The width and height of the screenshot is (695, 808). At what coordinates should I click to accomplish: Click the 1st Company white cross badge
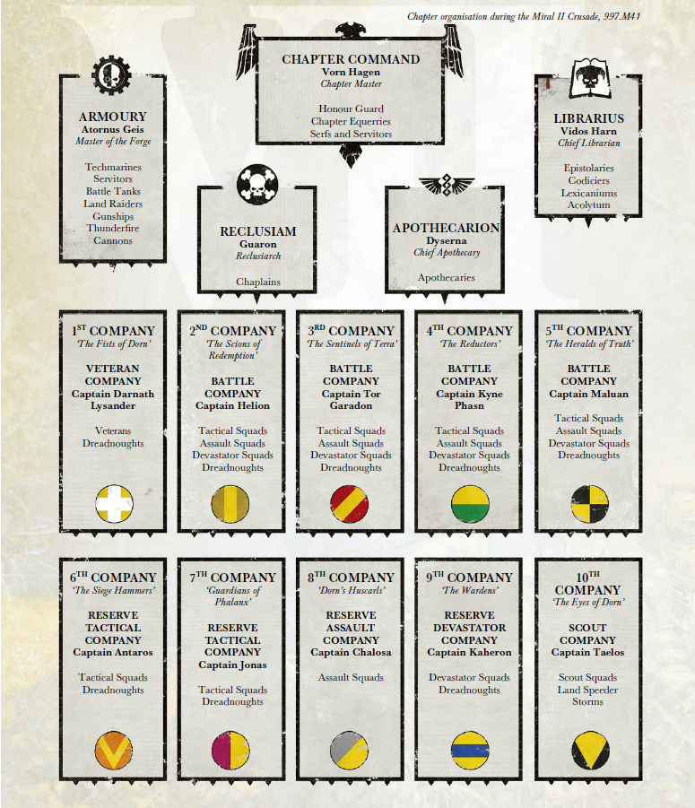point(113,505)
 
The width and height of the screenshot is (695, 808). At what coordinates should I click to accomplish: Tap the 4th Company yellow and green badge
point(469,505)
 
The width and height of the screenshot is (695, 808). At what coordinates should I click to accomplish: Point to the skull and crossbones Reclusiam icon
point(256,186)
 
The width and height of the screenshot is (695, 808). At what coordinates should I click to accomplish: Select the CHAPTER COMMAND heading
point(351,59)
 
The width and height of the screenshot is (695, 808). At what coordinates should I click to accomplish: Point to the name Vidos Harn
point(588,131)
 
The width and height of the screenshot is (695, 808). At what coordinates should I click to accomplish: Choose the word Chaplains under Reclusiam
point(258,282)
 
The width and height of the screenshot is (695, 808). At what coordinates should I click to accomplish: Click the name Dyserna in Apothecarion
point(446,241)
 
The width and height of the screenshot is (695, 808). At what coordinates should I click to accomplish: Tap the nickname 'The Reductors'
point(470,344)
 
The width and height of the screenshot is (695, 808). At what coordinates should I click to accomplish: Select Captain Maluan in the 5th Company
point(588,394)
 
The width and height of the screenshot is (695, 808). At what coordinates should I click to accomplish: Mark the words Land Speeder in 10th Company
point(587,690)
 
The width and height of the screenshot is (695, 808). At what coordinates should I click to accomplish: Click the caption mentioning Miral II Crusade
point(524,16)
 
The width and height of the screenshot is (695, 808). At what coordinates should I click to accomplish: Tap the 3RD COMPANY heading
point(351,331)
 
